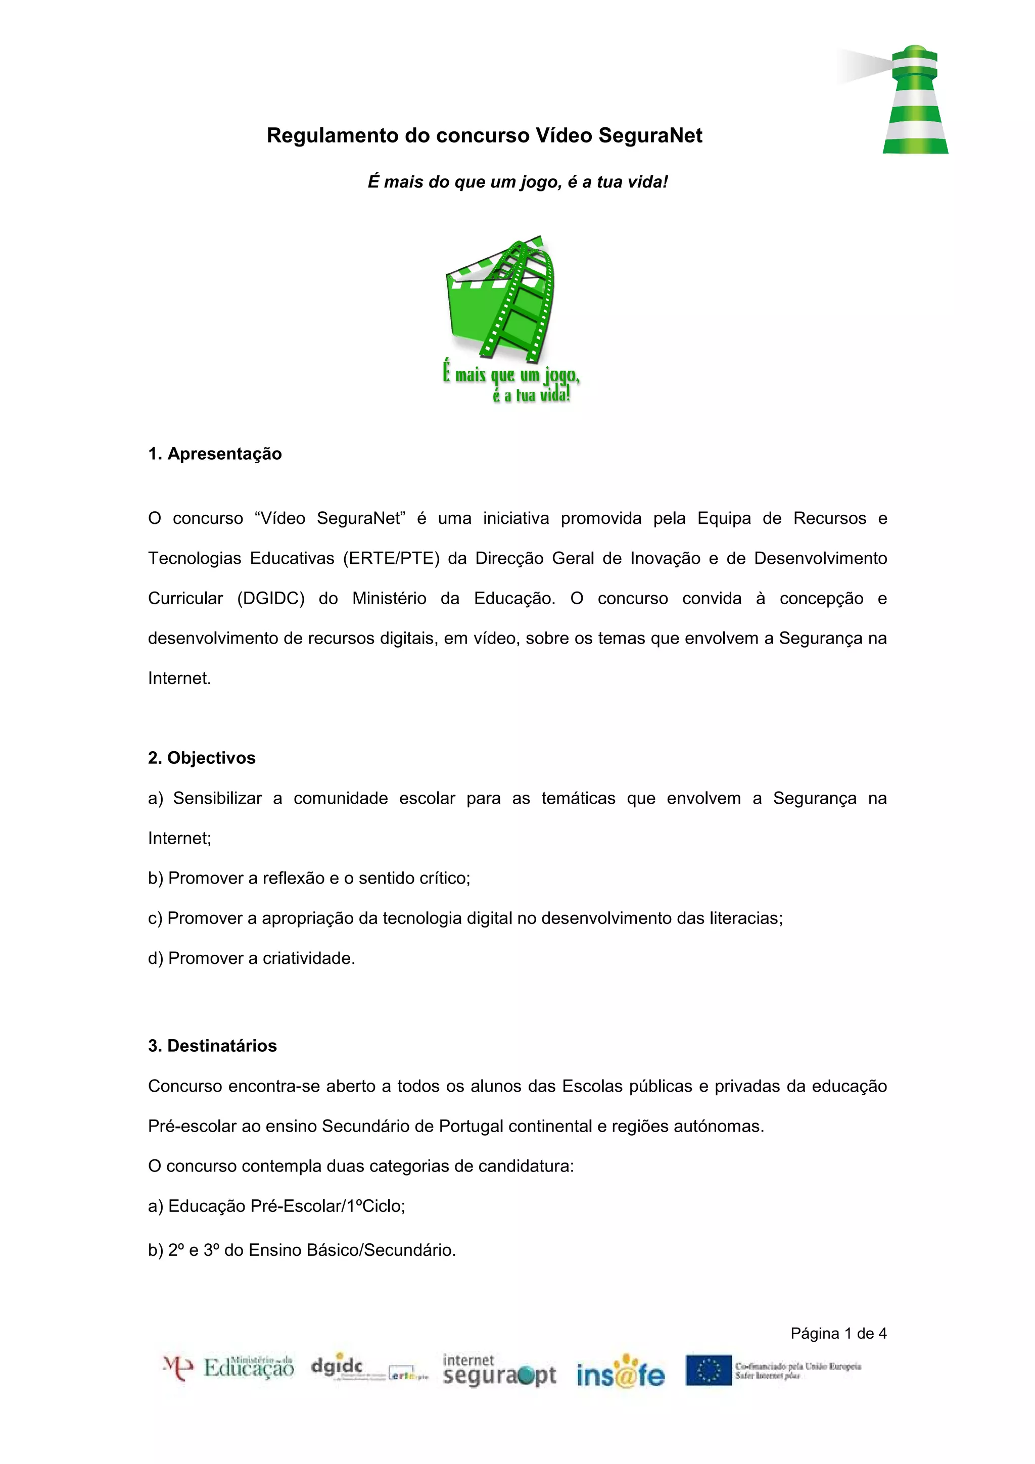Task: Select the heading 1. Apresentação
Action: (215, 454)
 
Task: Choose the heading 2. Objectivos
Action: (202, 758)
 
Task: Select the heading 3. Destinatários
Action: (212, 1046)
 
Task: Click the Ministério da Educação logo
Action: (229, 1369)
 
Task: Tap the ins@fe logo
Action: (620, 1372)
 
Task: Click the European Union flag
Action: (708, 1370)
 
